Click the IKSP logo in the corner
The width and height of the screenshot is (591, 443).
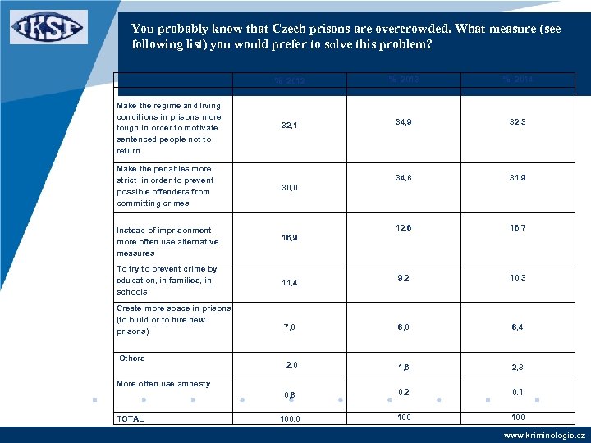[48, 27]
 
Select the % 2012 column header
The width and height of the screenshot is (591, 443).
[290, 80]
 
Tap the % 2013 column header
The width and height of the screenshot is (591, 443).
[404, 79]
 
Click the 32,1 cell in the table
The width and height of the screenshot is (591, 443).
[290, 126]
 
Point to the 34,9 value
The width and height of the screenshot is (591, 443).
[404, 121]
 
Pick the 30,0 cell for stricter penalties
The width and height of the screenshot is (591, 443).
[290, 188]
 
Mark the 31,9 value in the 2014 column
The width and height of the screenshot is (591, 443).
[517, 177]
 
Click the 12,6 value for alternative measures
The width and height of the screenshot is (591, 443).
[404, 227]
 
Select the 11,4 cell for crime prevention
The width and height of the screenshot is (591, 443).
[290, 283]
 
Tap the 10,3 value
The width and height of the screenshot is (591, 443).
[517, 278]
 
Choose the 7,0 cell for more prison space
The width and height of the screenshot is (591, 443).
[290, 327]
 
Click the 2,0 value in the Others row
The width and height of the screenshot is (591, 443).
[291, 364]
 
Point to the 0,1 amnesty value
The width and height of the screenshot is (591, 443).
[517, 392]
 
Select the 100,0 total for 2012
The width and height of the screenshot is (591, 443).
[290, 419]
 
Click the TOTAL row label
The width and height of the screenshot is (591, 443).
[131, 419]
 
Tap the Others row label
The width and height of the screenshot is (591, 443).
[132, 359]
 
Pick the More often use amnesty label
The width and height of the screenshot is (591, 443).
[163, 384]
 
